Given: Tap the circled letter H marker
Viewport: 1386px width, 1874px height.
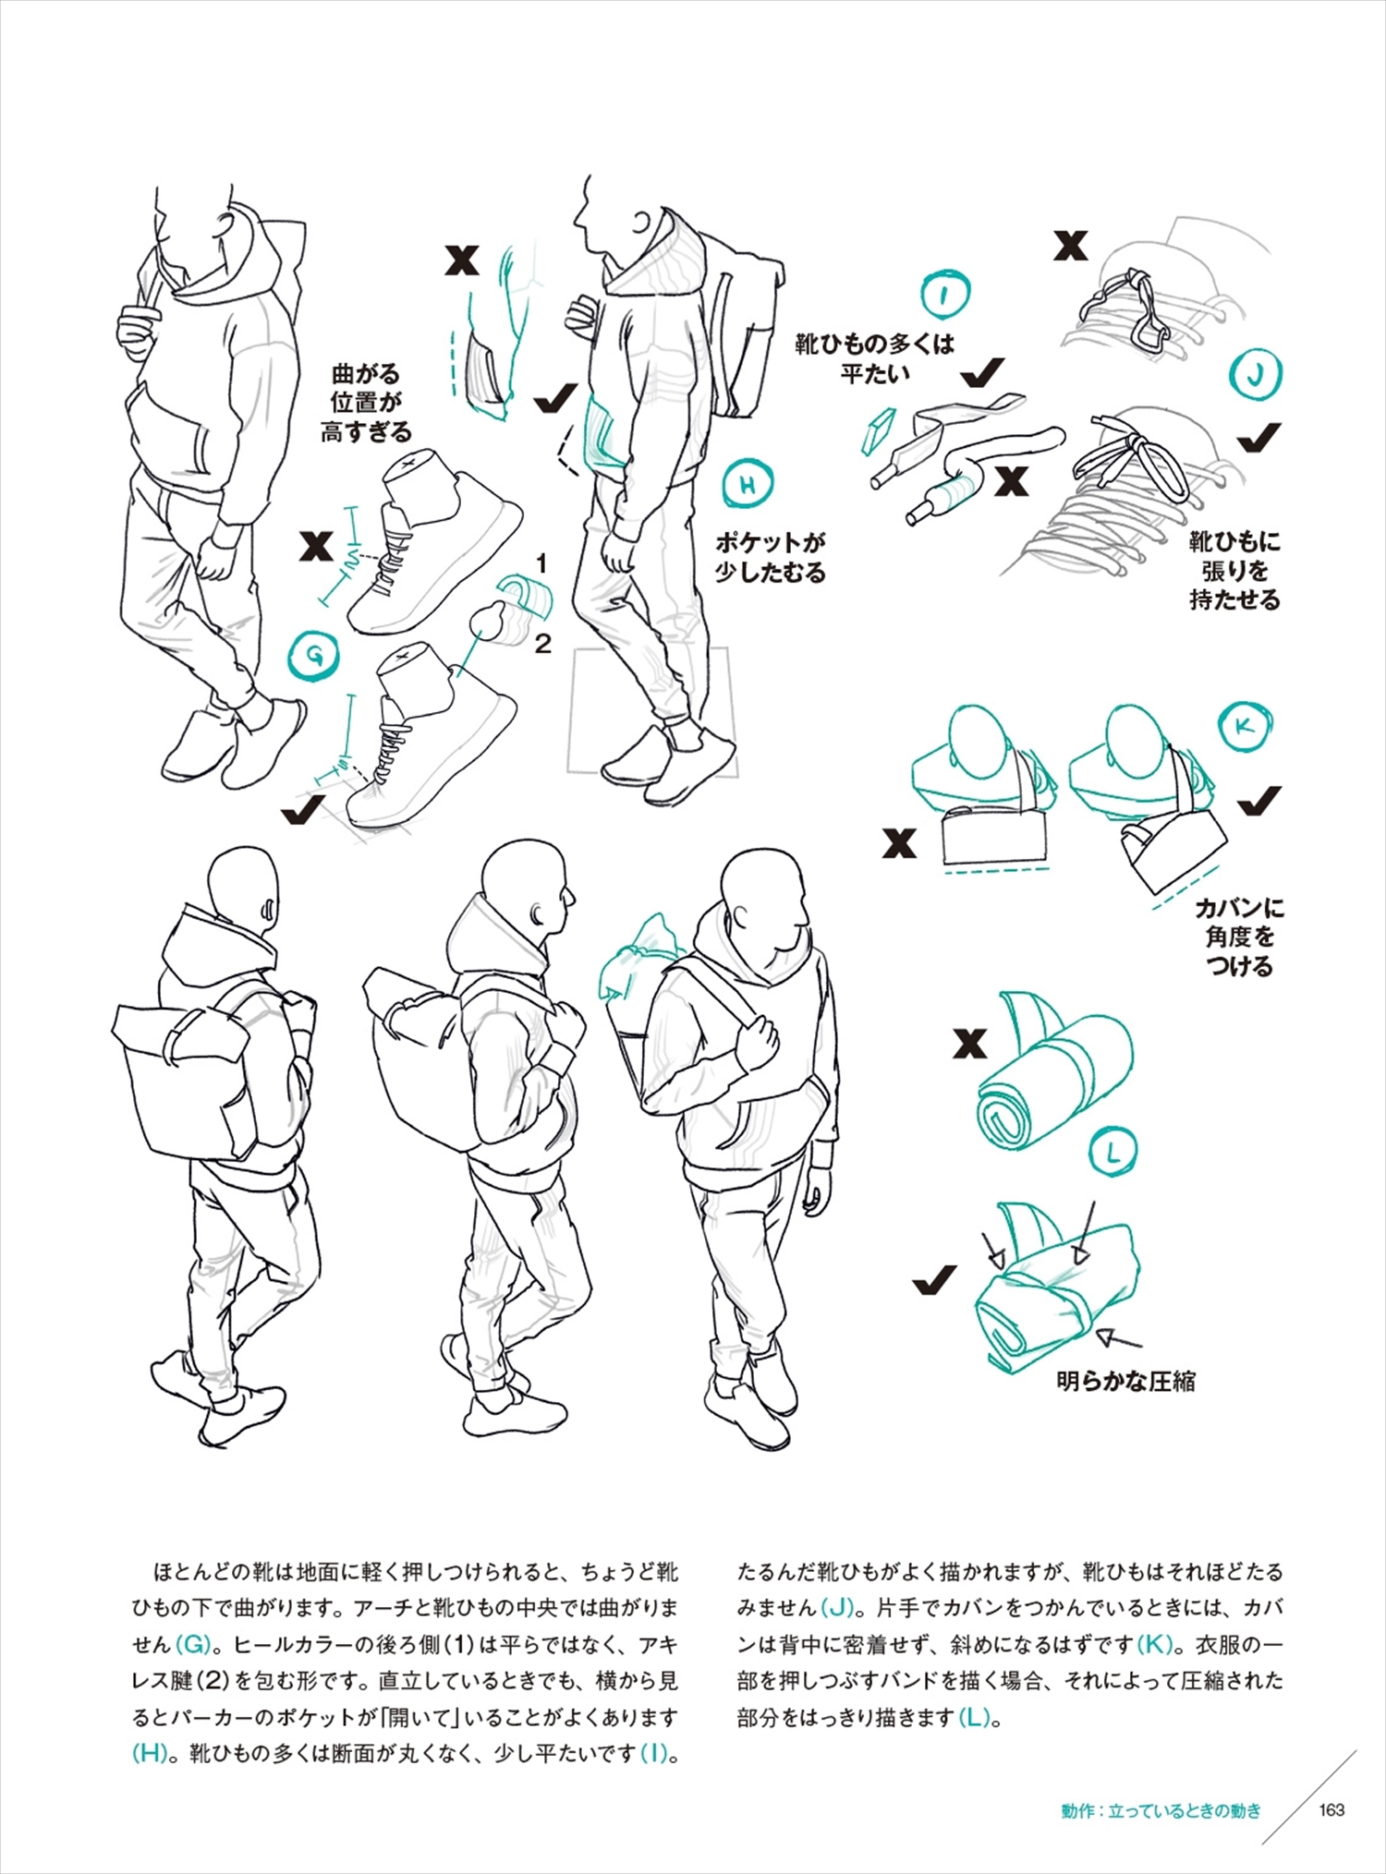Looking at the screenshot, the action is [x=748, y=484].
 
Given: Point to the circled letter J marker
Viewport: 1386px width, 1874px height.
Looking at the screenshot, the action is [x=1256, y=374].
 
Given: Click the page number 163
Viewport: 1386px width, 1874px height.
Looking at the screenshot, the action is [x=1331, y=1810].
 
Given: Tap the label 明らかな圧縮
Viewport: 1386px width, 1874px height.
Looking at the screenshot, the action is [x=1125, y=1382].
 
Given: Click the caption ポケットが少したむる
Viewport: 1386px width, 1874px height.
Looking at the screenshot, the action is [x=770, y=557].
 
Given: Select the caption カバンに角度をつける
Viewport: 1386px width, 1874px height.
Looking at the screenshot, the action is [x=1239, y=937].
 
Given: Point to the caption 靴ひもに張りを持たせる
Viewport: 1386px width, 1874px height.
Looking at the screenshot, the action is [x=1234, y=570].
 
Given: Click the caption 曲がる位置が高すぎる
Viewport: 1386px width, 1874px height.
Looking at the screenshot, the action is [x=366, y=403].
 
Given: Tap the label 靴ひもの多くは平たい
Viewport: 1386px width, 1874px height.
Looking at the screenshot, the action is [x=874, y=358].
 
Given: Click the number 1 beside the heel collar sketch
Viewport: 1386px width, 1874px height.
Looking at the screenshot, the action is [x=541, y=562].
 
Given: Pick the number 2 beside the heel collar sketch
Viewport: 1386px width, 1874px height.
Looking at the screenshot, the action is [x=542, y=644].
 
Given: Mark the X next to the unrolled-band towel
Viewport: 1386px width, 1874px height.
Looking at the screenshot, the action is [x=969, y=1044].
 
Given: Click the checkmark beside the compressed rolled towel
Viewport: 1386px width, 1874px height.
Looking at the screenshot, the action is [x=933, y=1281].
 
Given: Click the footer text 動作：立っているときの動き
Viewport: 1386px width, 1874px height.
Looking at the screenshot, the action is [x=1161, y=1810].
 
